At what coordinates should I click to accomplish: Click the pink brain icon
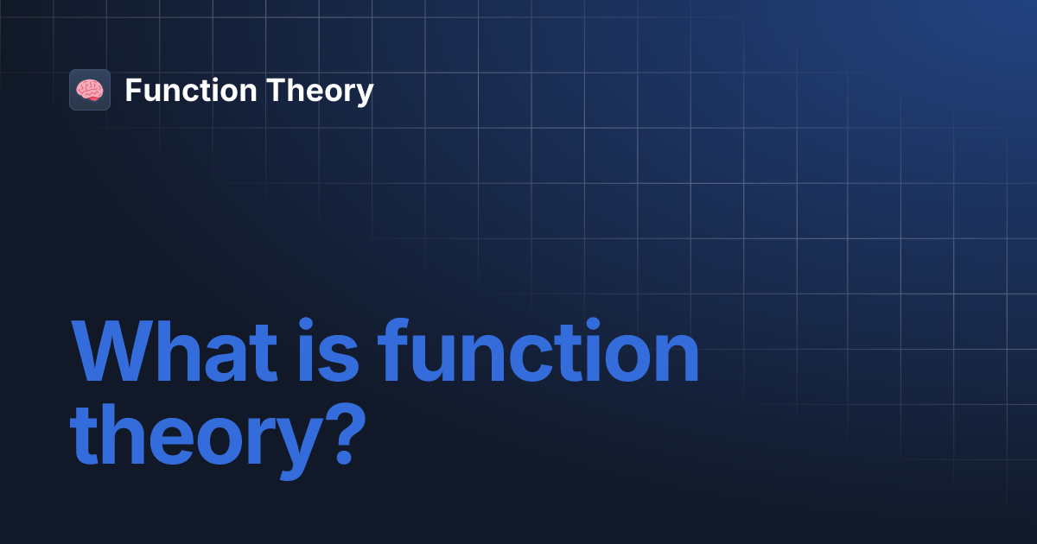pos(90,90)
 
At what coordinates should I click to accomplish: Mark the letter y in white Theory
pos(365,94)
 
